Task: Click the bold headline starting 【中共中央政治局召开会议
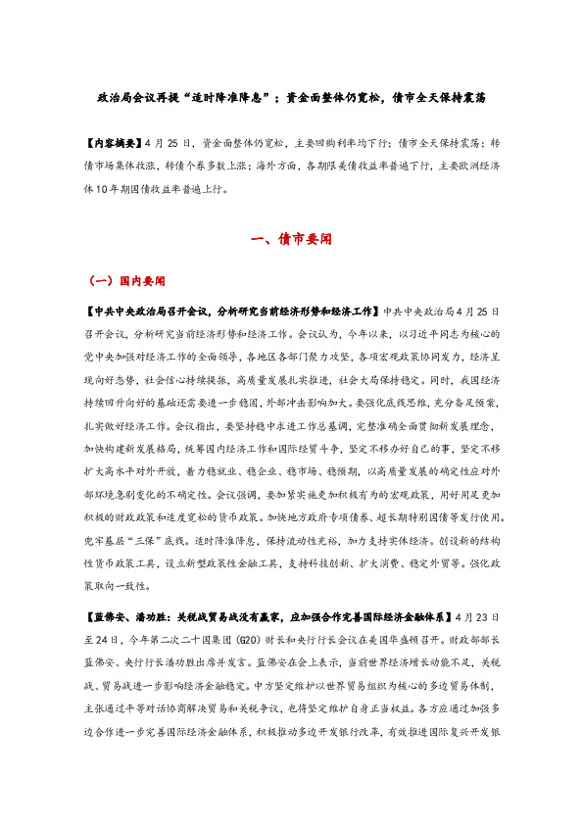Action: click(x=231, y=311)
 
